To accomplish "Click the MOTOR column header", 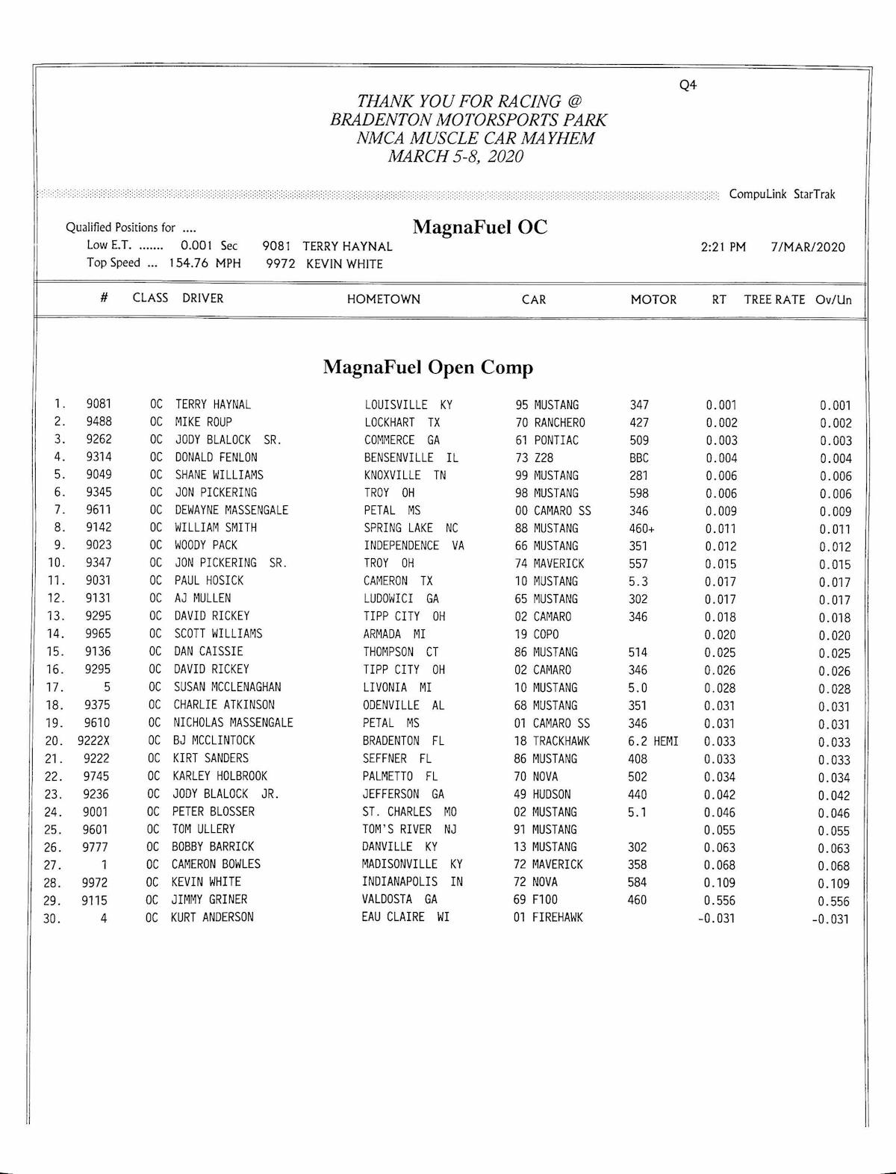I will click(653, 299).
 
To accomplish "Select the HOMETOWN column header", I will click(383, 299).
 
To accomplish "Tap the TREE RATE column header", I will click(774, 299).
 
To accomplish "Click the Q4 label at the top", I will click(688, 85).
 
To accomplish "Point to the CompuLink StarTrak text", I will click(782, 194).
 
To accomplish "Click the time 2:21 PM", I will click(723, 247).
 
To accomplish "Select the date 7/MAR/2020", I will click(808, 247).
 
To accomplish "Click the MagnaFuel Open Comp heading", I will click(428, 367).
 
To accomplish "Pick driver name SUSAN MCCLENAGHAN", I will click(227, 687).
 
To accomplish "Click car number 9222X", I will click(93, 741).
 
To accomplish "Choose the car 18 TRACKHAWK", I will click(551, 741).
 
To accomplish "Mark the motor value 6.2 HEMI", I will click(653, 741).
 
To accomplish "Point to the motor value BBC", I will click(638, 458).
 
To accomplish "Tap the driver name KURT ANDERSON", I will click(212, 917).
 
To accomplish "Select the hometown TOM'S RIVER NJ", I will click(409, 829).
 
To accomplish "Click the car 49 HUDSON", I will click(542, 794).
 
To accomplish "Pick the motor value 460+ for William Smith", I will click(641, 528).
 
